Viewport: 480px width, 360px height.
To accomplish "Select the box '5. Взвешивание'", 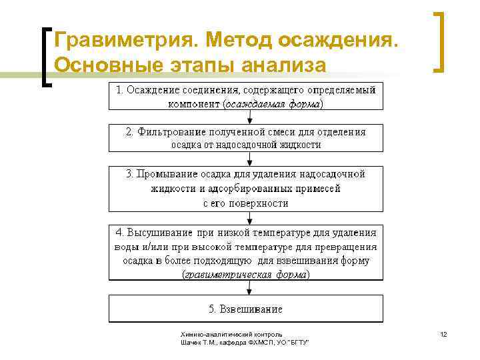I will [x=247, y=309].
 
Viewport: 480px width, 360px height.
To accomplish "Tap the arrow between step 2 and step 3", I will [x=249, y=159].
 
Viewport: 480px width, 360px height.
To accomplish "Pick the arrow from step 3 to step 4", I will [x=249, y=219].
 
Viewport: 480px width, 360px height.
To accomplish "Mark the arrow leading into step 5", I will [x=249, y=287].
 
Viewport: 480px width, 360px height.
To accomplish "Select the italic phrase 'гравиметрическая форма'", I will [x=245, y=274].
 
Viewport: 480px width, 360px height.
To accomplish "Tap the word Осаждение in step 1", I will [x=155, y=89].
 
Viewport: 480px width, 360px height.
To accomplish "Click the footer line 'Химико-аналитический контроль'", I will [x=231, y=334].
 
